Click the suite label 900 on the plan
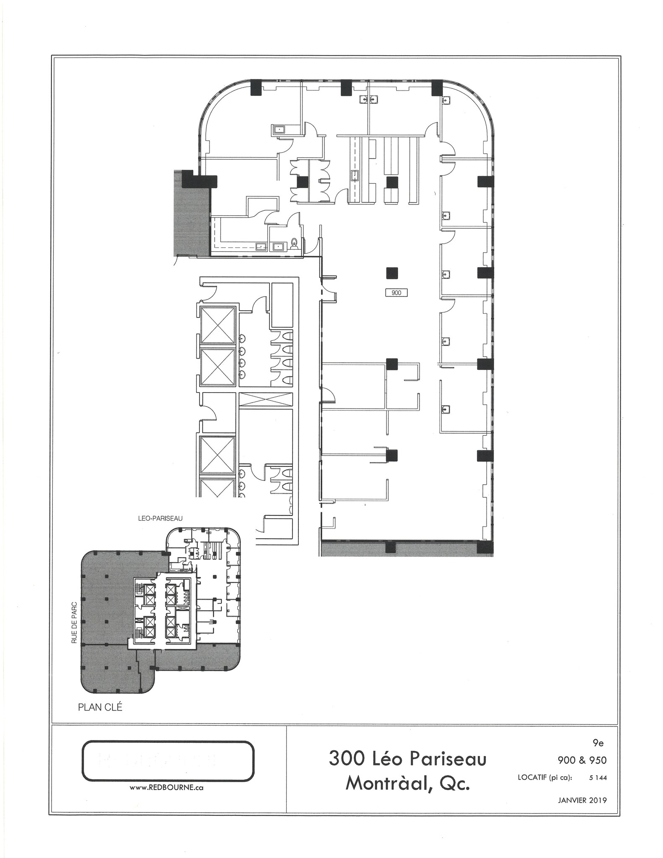[x=396, y=293]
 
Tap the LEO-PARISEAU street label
[x=161, y=518]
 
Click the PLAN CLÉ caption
[x=100, y=707]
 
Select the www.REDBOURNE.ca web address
[x=166, y=788]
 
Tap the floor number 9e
[x=598, y=744]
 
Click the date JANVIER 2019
[x=582, y=800]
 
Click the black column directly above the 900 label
[x=392, y=273]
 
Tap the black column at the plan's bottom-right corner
[x=485, y=547]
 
